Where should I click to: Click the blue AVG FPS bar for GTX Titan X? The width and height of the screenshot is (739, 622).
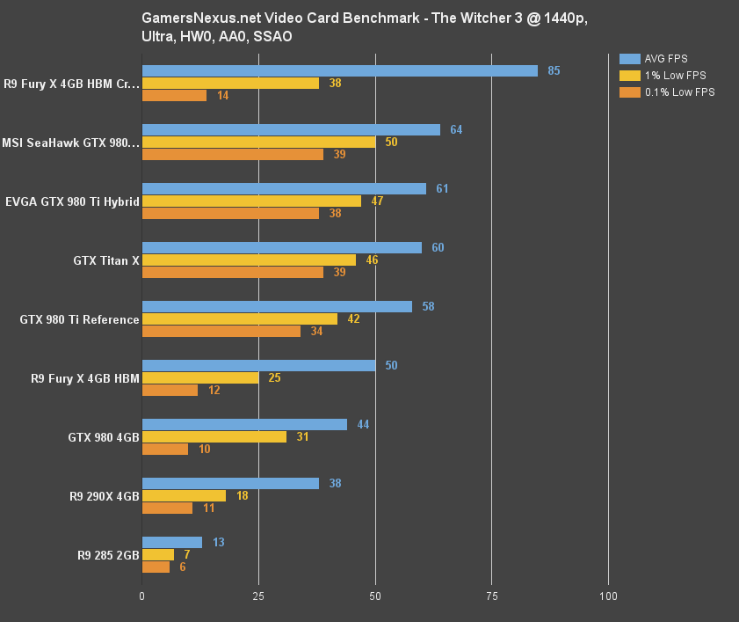coord(281,247)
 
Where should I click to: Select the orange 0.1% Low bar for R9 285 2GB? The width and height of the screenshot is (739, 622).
coord(156,567)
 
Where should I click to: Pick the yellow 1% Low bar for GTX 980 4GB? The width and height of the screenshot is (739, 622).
coord(214,436)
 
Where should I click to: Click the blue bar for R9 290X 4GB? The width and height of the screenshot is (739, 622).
coord(230,483)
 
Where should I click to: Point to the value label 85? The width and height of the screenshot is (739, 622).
coord(554,70)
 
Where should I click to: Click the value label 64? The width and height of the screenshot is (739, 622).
coord(456,129)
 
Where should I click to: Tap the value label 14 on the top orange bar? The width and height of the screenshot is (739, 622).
coord(222,95)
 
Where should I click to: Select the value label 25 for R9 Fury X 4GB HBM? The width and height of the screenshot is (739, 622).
coord(274,377)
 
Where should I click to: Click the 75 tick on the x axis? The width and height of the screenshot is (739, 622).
coord(492,596)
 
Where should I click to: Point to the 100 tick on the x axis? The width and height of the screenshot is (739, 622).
coord(608,596)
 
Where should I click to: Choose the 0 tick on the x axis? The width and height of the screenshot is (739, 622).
coord(142,596)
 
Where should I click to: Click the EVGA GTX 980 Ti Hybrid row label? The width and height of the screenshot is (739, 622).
coord(72,201)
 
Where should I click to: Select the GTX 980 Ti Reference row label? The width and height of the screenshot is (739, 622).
coord(79,319)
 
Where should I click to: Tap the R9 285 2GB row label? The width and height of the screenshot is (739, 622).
coord(108,555)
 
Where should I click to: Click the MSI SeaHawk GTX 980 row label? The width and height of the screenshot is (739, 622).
coord(70,143)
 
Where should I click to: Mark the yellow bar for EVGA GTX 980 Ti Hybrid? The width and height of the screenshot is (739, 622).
coord(251,201)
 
